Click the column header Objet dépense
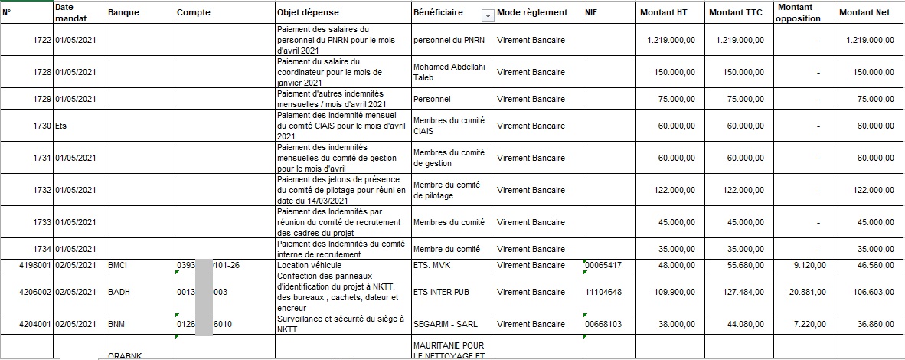tap(306, 13)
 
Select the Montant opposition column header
tap(797, 13)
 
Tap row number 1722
tap(38, 40)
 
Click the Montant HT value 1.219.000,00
tap(671, 40)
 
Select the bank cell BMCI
tap(117, 265)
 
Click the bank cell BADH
tap(119, 292)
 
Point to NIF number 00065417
tap(604, 265)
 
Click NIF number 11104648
tap(604, 292)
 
